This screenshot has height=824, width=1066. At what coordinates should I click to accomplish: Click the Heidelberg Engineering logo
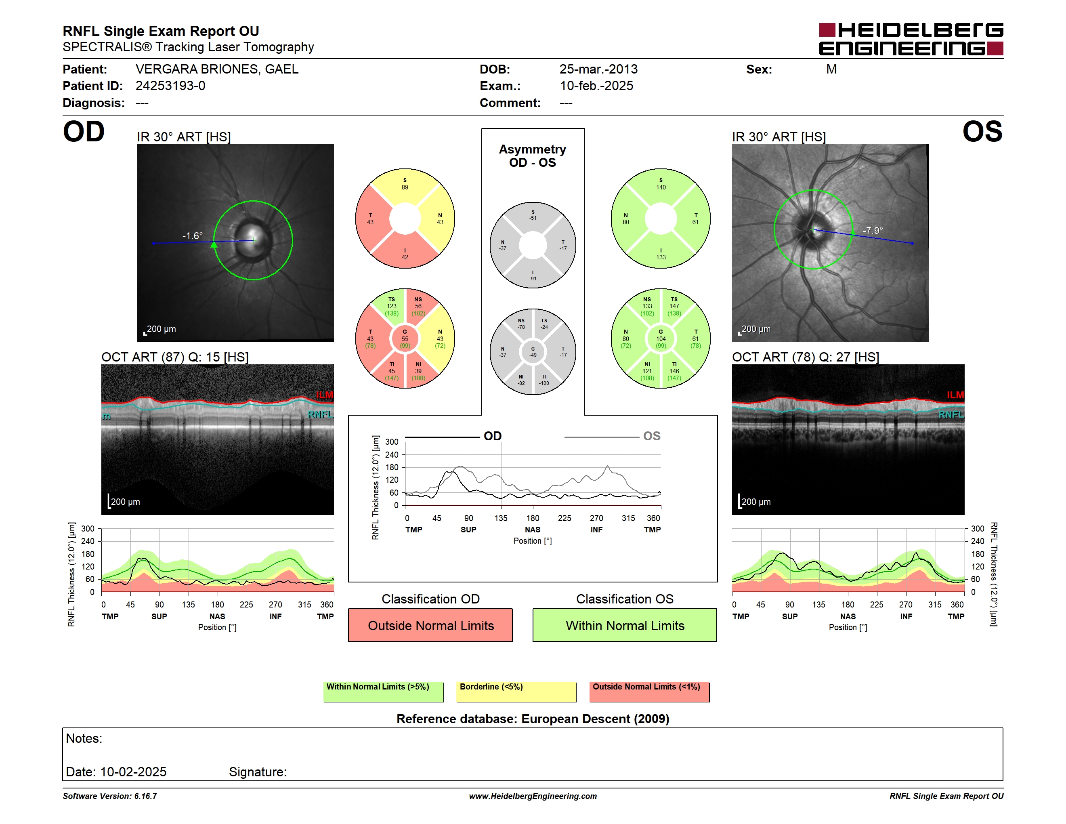pyautogui.click(x=911, y=39)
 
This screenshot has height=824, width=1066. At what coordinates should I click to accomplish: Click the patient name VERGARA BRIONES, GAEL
pyautogui.click(x=217, y=69)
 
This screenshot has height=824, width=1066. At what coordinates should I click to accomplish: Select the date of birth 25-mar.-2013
pyautogui.click(x=598, y=69)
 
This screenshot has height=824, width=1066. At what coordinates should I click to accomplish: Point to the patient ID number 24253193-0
pyautogui.click(x=170, y=86)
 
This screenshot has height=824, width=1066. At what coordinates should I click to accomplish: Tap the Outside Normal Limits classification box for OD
pyautogui.click(x=430, y=625)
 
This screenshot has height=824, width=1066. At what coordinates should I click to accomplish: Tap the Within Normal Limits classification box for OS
pyautogui.click(x=625, y=625)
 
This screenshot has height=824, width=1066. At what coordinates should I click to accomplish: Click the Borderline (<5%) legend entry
pyautogui.click(x=516, y=692)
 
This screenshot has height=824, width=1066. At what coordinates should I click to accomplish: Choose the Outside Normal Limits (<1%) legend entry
pyautogui.click(x=649, y=692)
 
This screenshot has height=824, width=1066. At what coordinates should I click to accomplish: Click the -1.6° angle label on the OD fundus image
pyautogui.click(x=192, y=236)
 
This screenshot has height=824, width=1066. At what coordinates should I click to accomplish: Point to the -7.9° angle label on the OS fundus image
pyautogui.click(x=873, y=230)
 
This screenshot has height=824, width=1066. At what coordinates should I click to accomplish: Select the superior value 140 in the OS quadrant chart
pyautogui.click(x=661, y=187)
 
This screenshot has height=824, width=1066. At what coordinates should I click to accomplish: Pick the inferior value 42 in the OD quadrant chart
pyautogui.click(x=405, y=257)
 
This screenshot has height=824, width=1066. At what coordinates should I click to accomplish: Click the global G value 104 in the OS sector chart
pyautogui.click(x=661, y=339)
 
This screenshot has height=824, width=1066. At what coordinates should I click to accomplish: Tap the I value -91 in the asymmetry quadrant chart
pyautogui.click(x=533, y=279)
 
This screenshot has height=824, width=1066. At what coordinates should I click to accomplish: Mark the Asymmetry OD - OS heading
pyautogui.click(x=533, y=156)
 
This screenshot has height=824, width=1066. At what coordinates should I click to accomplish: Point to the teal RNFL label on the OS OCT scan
pyautogui.click(x=951, y=414)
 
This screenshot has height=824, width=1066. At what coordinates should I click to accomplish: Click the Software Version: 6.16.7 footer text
pyautogui.click(x=110, y=796)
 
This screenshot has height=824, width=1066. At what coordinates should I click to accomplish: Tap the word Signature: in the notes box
pyautogui.click(x=258, y=772)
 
